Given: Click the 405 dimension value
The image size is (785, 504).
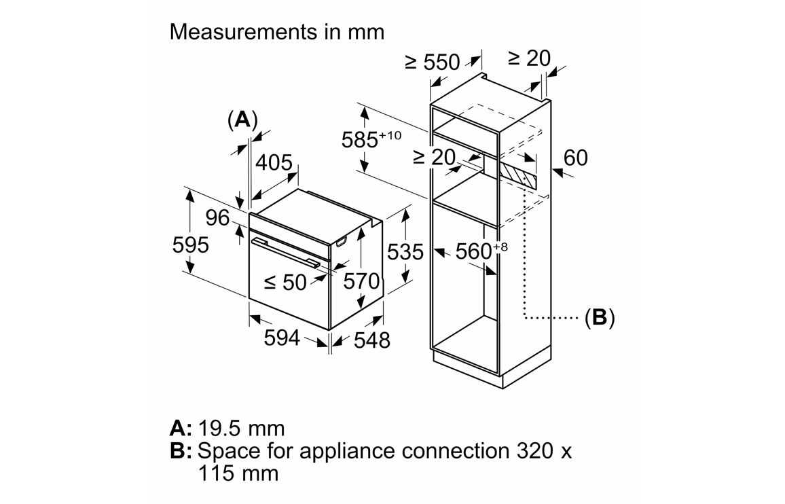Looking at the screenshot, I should tap(274, 163).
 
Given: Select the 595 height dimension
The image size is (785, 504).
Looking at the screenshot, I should tap(191, 245).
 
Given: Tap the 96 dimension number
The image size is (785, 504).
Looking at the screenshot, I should tap(219, 218).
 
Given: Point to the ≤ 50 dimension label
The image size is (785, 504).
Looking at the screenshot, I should tap(285, 281).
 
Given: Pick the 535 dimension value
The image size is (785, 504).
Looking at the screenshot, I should tap(405, 253).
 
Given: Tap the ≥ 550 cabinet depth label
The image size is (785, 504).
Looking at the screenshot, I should tap(433, 62).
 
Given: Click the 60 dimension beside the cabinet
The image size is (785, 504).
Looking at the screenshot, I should tap(575, 158).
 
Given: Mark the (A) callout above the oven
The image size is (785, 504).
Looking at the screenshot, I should tap(242, 120).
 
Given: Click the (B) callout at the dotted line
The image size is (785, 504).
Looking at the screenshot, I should tap(599, 317).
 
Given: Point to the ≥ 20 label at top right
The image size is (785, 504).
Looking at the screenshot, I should tap(529, 58).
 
